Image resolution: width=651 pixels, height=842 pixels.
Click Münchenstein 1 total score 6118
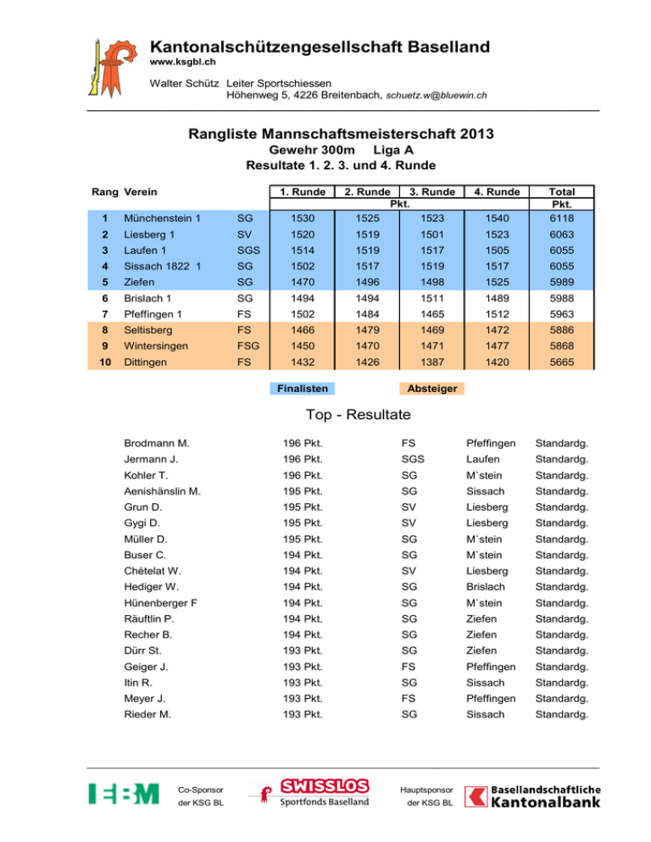(x=560, y=219)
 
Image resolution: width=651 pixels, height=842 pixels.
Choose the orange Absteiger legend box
(x=431, y=388)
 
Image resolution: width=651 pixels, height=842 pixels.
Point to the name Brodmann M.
(x=157, y=443)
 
